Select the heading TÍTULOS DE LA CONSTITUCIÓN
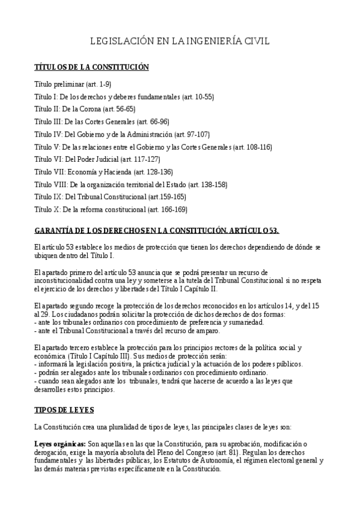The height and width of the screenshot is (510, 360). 91,67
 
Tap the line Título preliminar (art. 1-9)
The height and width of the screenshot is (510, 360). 73,84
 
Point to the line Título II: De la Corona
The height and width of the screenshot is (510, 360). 85,109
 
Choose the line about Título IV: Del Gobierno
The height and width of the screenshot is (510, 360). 122,134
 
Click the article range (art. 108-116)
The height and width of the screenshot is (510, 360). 252,147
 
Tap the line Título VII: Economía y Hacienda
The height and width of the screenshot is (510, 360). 103,172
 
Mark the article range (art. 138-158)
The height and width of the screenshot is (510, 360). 208,185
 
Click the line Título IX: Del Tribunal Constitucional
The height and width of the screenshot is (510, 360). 110,197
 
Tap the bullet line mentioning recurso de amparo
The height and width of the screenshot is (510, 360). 127,331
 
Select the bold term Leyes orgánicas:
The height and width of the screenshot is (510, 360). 61,444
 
